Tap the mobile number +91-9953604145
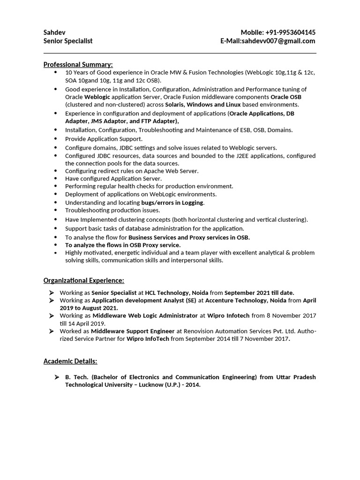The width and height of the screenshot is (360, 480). click(x=291, y=32)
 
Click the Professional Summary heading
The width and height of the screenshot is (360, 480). click(x=78, y=64)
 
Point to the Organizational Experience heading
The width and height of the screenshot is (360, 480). click(x=84, y=280)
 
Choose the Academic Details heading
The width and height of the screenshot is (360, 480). click(x=70, y=361)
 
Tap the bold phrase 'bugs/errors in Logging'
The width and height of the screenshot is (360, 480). click(x=172, y=202)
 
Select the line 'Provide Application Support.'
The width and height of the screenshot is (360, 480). click(x=104, y=139)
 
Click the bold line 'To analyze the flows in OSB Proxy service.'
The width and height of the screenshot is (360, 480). click(x=123, y=245)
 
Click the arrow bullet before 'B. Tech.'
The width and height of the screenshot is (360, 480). click(x=56, y=377)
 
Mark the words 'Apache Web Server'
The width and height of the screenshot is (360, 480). click(x=171, y=171)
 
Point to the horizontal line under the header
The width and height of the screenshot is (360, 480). click(x=180, y=53)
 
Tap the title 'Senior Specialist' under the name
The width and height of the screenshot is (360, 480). click(x=68, y=41)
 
